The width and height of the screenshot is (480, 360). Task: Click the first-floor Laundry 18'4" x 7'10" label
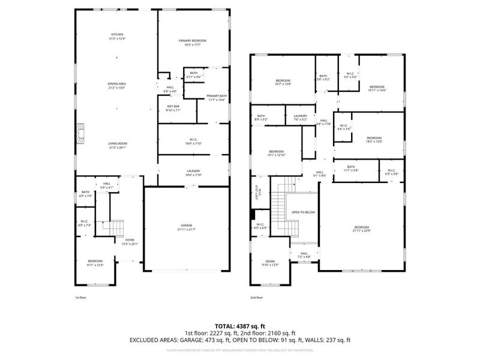[193, 173]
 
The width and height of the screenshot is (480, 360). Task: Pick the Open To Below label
[304, 212]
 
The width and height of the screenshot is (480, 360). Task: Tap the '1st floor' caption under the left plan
[81, 297]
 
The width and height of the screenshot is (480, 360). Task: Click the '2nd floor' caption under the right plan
[257, 297]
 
